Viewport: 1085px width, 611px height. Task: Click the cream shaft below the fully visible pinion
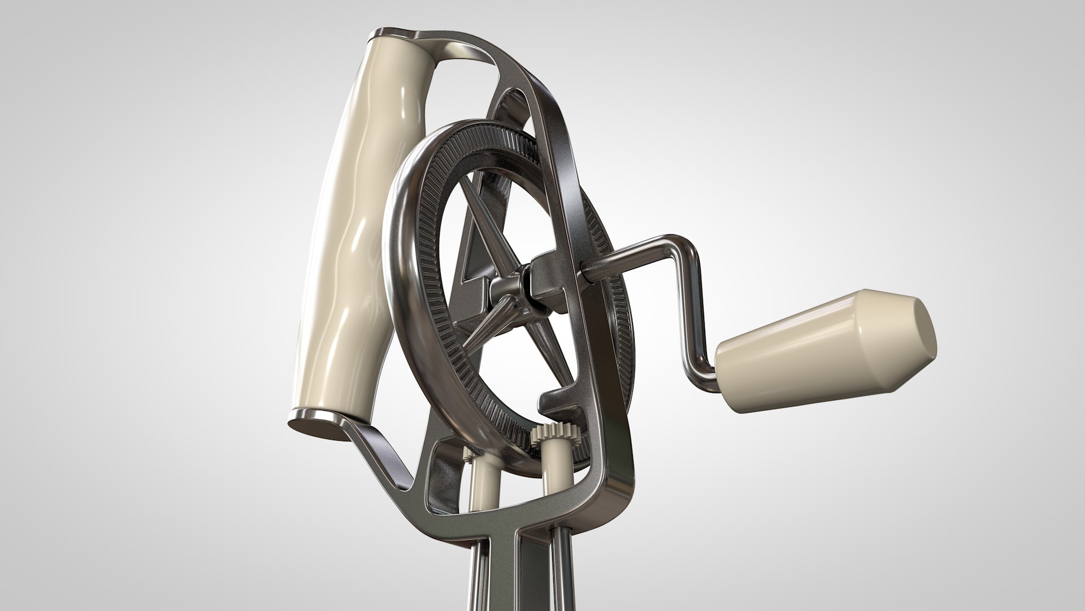[554, 498]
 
